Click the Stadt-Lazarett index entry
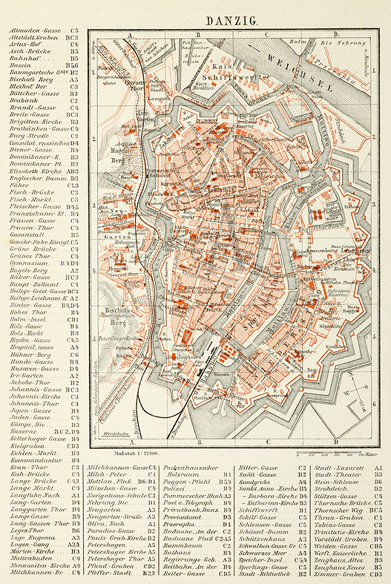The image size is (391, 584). click(341, 468)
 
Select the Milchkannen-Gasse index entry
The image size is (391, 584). click(118, 468)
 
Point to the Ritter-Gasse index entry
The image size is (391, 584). click(257, 468)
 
